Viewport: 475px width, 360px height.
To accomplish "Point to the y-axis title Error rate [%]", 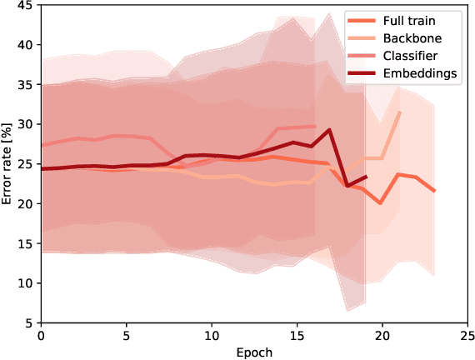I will pyautogui.click(x=7, y=163).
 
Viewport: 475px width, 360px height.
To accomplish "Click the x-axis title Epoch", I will pyautogui.click(x=254, y=352).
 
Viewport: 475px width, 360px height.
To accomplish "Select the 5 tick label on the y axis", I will pyautogui.click(x=29, y=323).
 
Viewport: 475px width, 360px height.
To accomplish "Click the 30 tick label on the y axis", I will pyautogui.click(x=26, y=124).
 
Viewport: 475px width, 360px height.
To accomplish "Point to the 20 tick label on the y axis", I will pyautogui.click(x=26, y=203).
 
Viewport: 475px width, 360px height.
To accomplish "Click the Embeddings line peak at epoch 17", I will pyautogui.click(x=330, y=130).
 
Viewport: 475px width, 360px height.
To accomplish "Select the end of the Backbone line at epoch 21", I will pyautogui.click(x=399, y=112).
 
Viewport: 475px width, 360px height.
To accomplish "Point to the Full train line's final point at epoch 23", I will pyautogui.click(x=433, y=191).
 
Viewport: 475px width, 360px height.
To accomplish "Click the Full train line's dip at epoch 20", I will pyautogui.click(x=381, y=202).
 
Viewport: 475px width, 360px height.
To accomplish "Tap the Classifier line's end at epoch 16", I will pyautogui.click(x=313, y=126).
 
